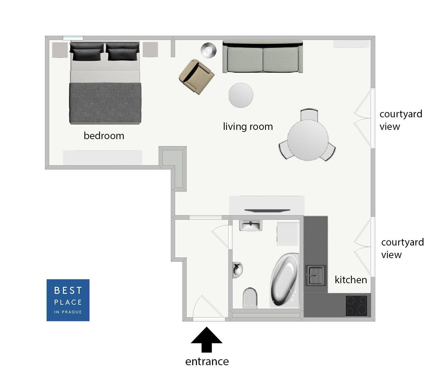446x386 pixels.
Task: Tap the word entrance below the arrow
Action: coord(207,362)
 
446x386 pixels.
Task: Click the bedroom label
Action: coord(104,136)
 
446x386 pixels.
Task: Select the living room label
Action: coord(248,127)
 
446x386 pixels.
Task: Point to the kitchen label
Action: coord(351,280)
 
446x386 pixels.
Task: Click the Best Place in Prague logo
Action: coord(68,300)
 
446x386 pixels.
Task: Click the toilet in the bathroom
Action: coord(250,297)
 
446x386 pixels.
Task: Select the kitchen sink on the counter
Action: coord(315,275)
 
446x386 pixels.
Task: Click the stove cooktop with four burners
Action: coord(356,306)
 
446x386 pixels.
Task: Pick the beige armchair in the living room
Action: coord(196,77)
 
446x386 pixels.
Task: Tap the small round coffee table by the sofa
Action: coord(241,95)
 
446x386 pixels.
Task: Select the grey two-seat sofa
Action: coord(263,57)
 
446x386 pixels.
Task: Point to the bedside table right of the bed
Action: coord(150,50)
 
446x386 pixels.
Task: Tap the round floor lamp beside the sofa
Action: coord(208,50)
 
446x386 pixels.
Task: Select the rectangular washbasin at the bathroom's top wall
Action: coord(250,226)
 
